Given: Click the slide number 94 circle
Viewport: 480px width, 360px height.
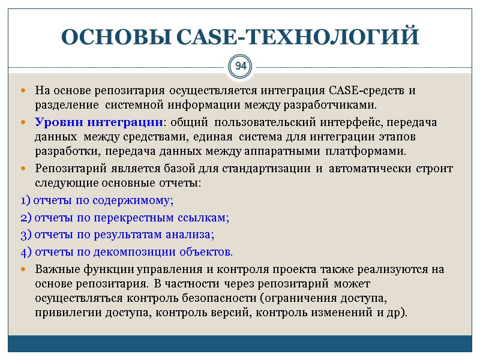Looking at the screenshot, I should pyautogui.click(x=240, y=65).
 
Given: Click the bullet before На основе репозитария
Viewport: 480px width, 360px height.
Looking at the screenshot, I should pyautogui.click(x=23, y=91).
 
